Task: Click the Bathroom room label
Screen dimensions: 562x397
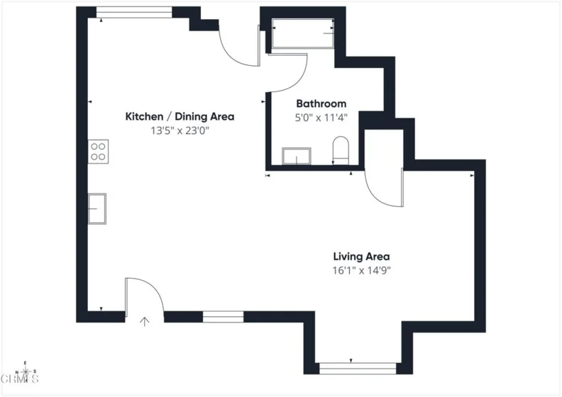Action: click(321, 104)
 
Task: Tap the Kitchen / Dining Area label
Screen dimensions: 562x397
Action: click(180, 117)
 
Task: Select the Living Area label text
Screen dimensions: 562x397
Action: click(361, 257)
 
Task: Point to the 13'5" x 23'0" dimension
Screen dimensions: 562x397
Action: click(180, 130)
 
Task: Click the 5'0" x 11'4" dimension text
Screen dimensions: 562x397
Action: click(321, 118)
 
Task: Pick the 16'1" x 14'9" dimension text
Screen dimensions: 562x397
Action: click(361, 270)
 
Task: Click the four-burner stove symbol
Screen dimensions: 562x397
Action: click(98, 152)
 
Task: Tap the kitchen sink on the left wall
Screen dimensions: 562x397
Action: click(97, 208)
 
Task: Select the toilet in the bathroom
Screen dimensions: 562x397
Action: click(341, 150)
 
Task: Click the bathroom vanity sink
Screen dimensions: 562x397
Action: click(297, 156)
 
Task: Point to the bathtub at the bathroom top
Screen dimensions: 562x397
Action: click(303, 33)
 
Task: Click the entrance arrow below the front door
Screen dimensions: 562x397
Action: click(145, 322)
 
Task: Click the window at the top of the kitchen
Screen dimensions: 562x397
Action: click(134, 12)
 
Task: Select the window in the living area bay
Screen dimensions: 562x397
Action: click(358, 369)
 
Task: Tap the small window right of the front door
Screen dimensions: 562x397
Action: click(223, 317)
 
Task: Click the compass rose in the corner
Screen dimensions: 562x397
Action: click(26, 372)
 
